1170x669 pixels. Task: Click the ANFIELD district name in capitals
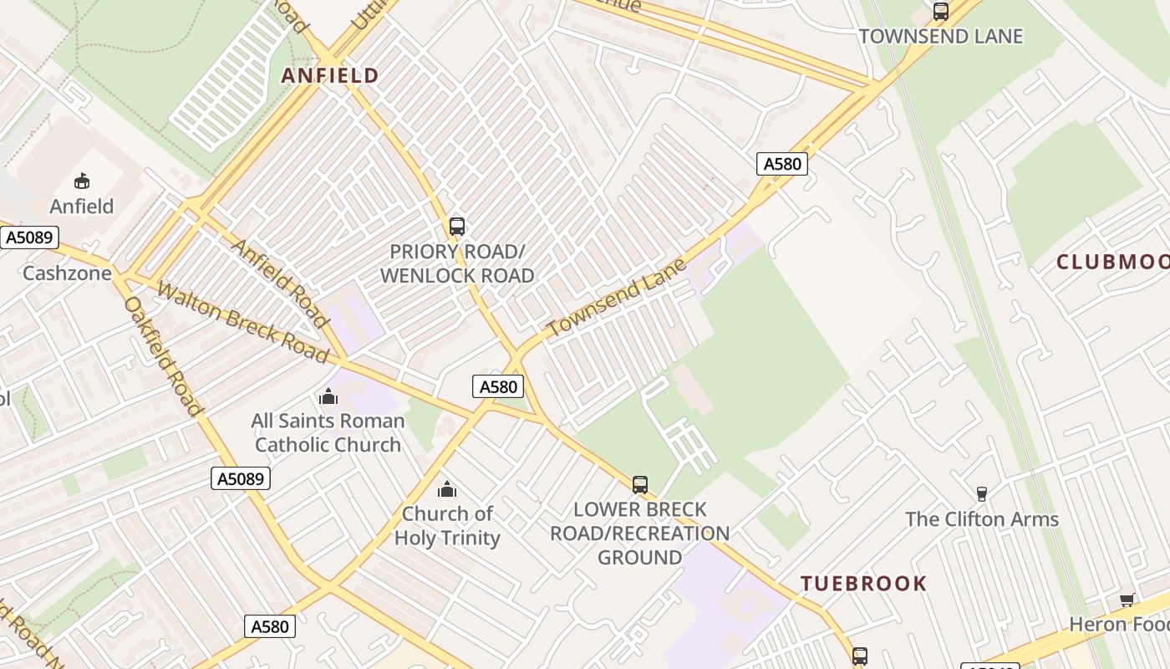(x=330, y=76)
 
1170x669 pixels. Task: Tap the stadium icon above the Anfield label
(x=82, y=181)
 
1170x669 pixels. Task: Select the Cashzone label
(x=67, y=273)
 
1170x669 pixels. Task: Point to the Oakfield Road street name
(x=164, y=355)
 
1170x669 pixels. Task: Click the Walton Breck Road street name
(x=243, y=323)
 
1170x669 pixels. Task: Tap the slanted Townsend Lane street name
(x=617, y=298)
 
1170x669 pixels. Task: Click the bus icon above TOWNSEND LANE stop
(x=941, y=12)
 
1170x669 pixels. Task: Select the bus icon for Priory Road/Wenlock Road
(x=457, y=226)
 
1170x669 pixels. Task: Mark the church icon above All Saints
(x=328, y=396)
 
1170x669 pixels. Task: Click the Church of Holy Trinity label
(x=447, y=525)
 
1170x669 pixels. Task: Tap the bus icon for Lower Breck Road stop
(x=640, y=484)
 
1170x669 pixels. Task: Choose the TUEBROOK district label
(x=864, y=584)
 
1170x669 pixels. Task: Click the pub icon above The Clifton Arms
(x=982, y=494)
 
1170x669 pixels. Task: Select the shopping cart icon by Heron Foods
(x=1127, y=600)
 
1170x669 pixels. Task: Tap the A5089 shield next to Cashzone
(x=29, y=237)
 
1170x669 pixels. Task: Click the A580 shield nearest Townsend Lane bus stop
(x=782, y=164)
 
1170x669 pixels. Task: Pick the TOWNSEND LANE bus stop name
(x=941, y=37)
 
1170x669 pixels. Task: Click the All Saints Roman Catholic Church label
(x=328, y=432)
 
